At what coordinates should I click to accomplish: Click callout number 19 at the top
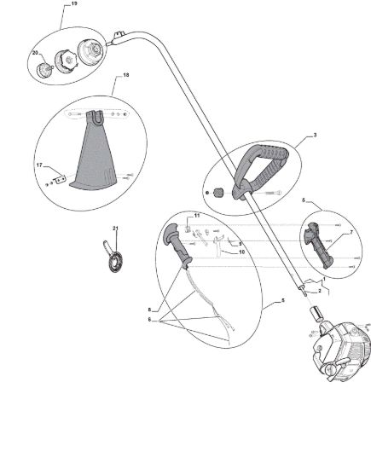pos(74,3)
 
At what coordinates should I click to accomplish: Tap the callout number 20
pos(35,53)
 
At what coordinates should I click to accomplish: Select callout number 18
pos(126,75)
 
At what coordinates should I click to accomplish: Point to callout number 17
pos(39,165)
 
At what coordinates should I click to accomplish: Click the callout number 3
pos(315,136)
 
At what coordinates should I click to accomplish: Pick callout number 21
pos(115,229)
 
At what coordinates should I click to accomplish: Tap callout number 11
pos(196,216)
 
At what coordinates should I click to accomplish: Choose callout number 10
pos(241,252)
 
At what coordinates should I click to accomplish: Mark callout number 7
pos(351,233)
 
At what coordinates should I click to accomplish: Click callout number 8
pos(149,310)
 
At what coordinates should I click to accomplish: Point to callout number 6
pos(149,320)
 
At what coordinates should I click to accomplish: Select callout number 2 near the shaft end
pos(320,291)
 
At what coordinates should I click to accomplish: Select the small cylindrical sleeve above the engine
pos(317,314)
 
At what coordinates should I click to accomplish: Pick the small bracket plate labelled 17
pos(60,180)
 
